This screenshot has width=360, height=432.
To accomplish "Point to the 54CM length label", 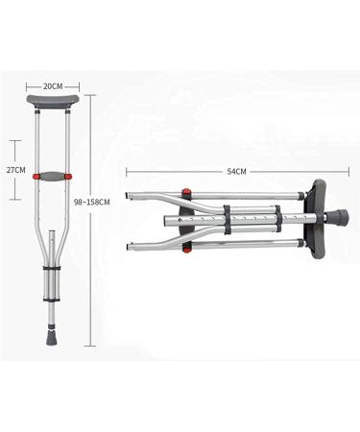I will (236, 172).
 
